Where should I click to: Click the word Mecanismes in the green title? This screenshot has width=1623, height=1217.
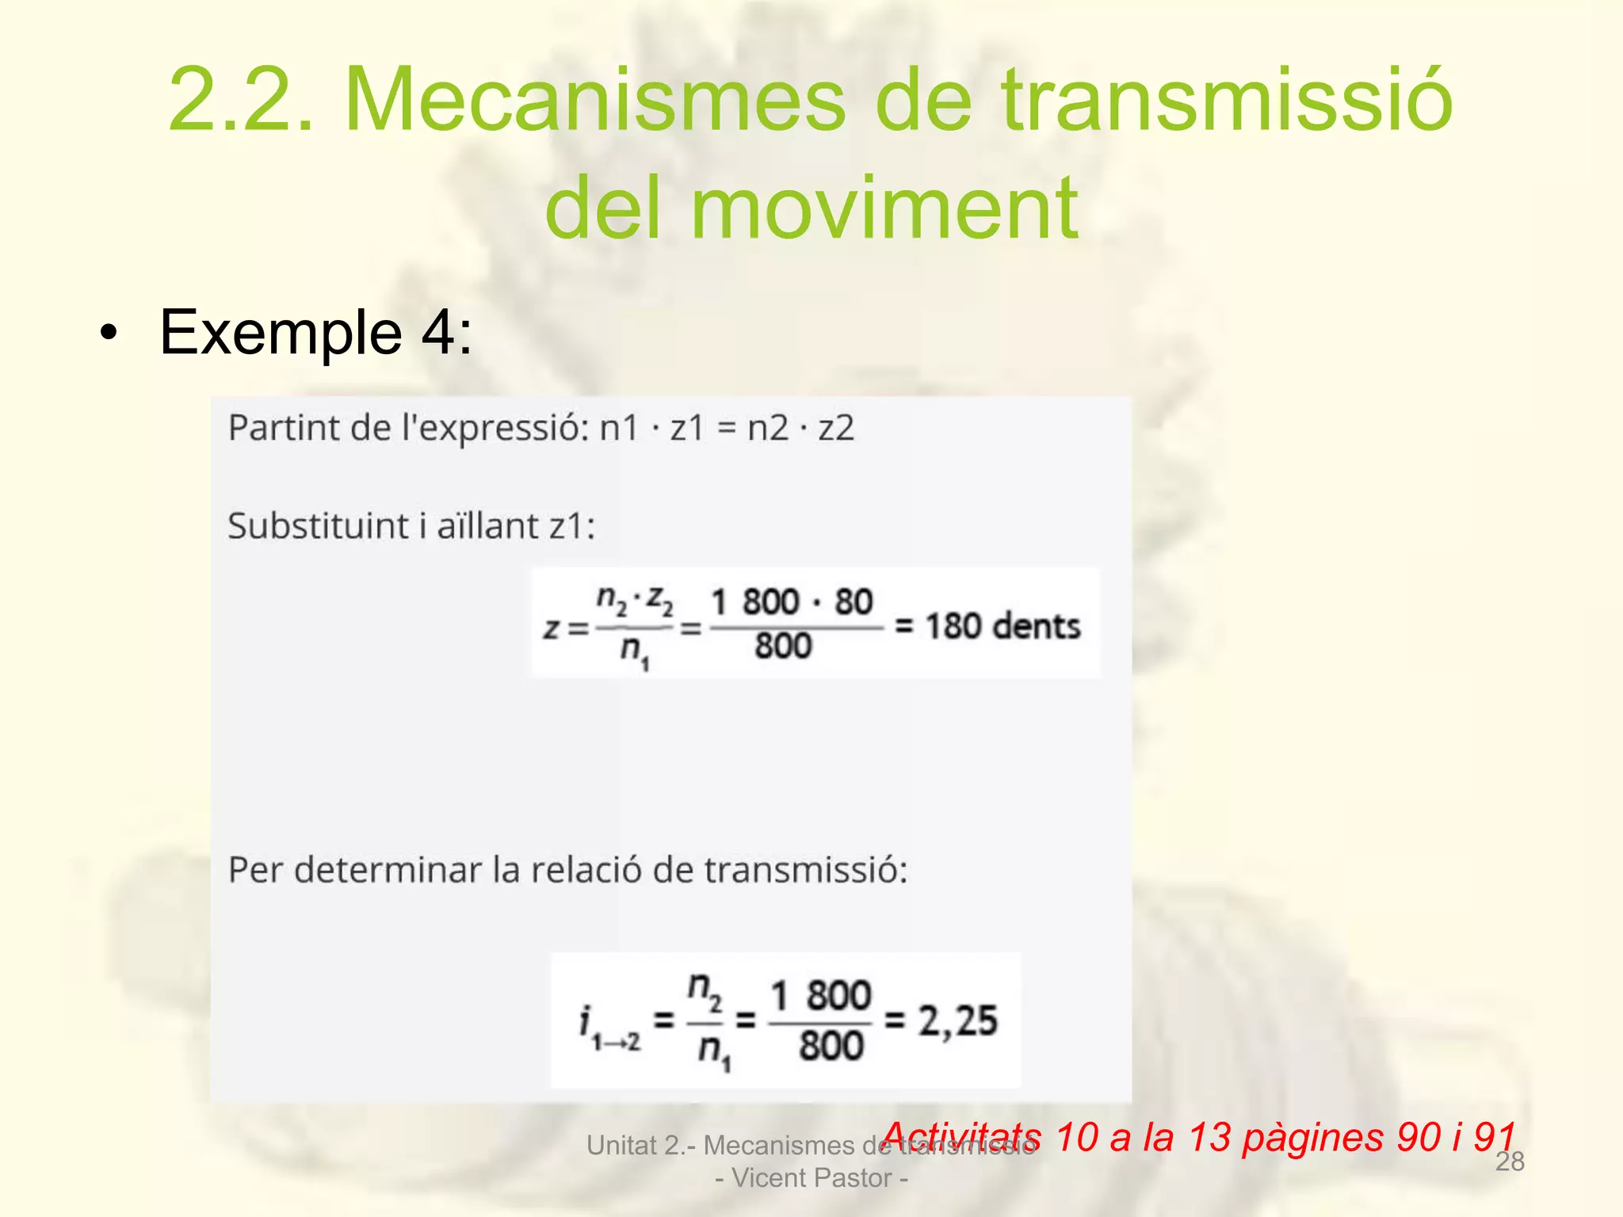[x=595, y=101]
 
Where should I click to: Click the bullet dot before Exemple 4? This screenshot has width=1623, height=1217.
[x=108, y=334]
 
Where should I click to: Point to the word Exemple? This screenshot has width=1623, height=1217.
[x=281, y=333]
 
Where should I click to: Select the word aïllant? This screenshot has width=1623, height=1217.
[x=488, y=525]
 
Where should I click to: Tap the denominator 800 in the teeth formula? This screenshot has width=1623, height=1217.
[x=783, y=646]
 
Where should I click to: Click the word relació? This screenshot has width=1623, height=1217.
[x=586, y=870]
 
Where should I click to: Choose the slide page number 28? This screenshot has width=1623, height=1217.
[x=1510, y=1162]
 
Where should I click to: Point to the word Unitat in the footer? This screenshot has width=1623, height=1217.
[x=622, y=1146]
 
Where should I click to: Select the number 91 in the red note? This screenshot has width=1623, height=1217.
[x=1495, y=1137]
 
